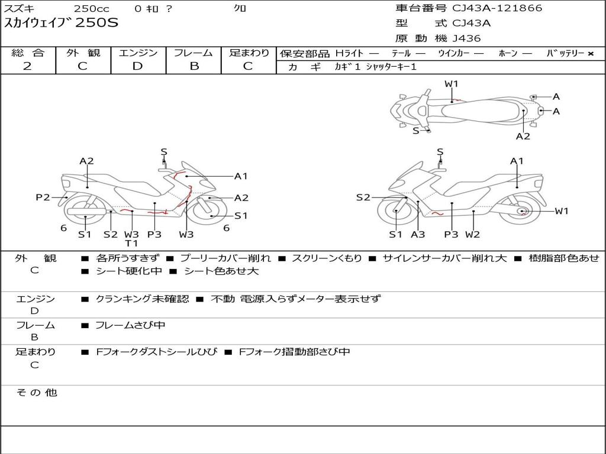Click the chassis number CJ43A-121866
[x=497, y=8]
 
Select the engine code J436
[x=467, y=38]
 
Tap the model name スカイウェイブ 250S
[x=62, y=24]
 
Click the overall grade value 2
[x=27, y=66]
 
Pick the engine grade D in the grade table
[x=138, y=66]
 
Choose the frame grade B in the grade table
[x=194, y=66]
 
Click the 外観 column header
[x=83, y=53]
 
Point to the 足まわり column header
[x=249, y=53]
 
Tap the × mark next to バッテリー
[x=591, y=54]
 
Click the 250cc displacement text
[x=91, y=8]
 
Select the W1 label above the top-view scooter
[x=452, y=84]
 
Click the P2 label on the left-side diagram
[x=43, y=197]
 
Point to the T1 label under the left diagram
[x=131, y=243]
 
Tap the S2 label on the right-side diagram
[x=363, y=197]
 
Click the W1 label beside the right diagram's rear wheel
[x=561, y=211]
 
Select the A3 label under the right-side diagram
[x=418, y=234]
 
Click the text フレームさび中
[x=130, y=325]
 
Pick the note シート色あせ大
[x=221, y=271]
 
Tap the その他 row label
[x=37, y=393]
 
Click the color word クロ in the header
[x=240, y=8]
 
